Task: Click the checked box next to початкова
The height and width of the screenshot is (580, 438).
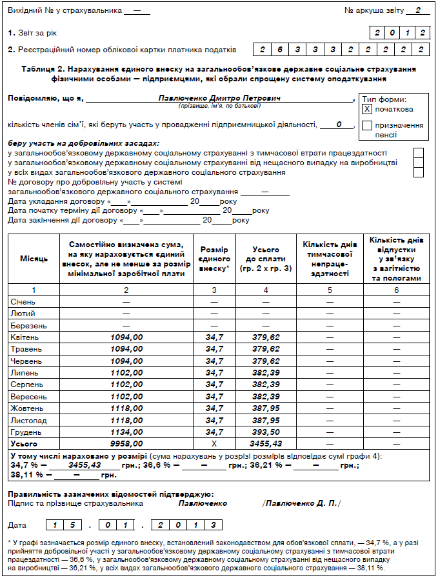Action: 367,109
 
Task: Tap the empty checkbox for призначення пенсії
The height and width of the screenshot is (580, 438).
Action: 367,126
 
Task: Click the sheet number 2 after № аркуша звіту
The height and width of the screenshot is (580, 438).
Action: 418,11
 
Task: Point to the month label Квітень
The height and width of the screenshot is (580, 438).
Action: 25,337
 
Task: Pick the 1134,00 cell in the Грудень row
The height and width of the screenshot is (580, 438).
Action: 126,432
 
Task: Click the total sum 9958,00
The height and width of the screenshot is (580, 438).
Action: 126,444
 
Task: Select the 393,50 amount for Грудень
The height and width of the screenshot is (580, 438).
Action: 266,432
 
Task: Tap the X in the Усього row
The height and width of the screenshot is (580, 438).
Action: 214,444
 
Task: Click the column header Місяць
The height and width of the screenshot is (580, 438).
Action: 34,259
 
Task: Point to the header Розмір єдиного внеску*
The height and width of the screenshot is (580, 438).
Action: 214,258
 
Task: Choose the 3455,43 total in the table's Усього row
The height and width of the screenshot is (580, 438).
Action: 266,444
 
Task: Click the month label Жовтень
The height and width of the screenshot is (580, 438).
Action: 26,408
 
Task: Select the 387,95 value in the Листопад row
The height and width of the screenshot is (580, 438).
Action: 266,420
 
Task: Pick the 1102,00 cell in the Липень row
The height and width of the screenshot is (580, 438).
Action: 126,373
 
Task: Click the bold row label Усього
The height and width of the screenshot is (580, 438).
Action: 25,444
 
